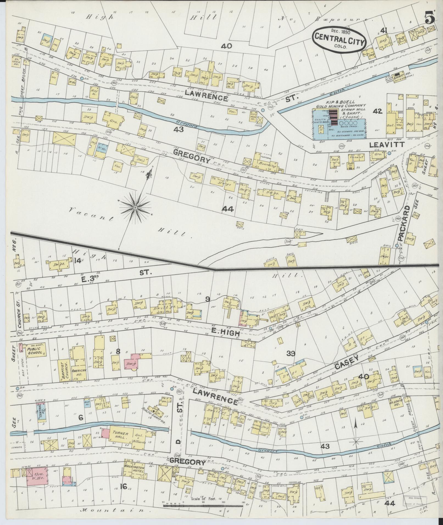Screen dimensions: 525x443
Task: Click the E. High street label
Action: click(226, 333)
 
